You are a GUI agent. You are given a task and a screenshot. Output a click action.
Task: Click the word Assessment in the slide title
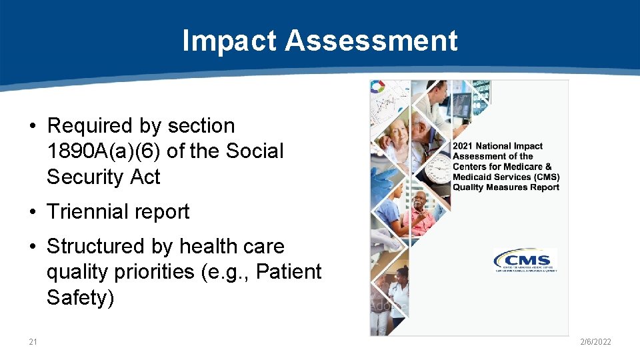pyautogui.click(x=371, y=41)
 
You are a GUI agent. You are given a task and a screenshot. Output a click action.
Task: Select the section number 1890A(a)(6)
pyautogui.click(x=103, y=151)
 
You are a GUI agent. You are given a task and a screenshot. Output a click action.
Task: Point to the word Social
pyautogui.click(x=255, y=151)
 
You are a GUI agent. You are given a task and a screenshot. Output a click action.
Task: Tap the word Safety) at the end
pyautogui.click(x=81, y=297)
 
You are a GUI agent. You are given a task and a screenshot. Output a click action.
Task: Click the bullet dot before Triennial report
pyautogui.click(x=33, y=213)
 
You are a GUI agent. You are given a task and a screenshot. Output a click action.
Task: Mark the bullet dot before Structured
pyautogui.click(x=33, y=247)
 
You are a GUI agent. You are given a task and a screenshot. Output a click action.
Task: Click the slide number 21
pyautogui.click(x=33, y=342)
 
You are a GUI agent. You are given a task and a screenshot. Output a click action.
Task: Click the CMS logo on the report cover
pyautogui.click(x=524, y=261)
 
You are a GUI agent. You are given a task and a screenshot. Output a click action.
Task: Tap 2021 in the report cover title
pyautogui.click(x=464, y=146)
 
